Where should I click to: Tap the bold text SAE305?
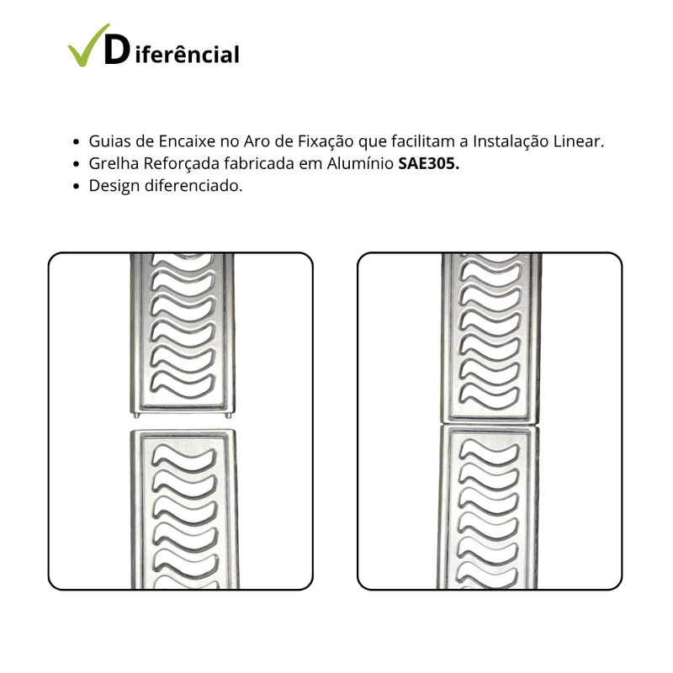(428, 164)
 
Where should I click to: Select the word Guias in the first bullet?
(109, 142)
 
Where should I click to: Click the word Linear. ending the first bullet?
(577, 142)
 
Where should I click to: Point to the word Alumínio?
(363, 164)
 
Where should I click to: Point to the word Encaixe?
(194, 142)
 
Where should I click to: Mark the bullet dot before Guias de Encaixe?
(77, 143)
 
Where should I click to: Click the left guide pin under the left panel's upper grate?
(136, 414)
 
